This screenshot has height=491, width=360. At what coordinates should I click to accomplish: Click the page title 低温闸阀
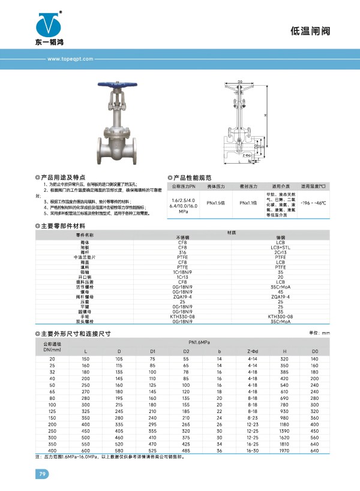coord(310,30)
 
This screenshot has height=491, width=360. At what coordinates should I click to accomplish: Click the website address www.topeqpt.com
coord(67,59)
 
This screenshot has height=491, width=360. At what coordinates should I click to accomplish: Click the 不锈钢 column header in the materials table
coord(182,237)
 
